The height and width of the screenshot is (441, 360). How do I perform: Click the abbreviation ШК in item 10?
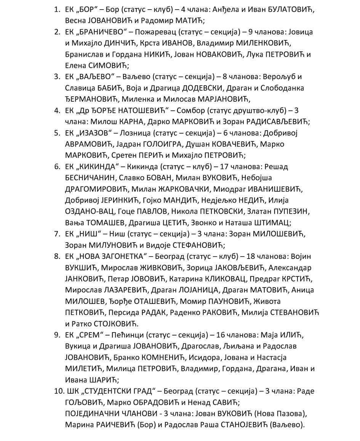click(x=72, y=391)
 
